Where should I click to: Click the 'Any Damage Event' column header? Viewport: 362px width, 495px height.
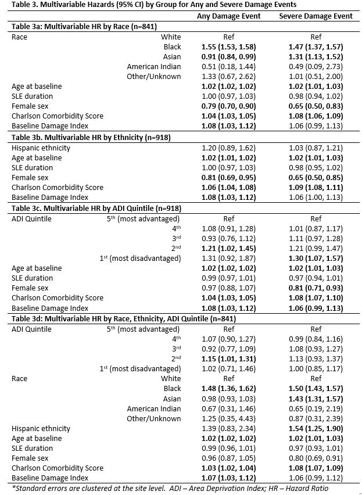(x=228, y=16)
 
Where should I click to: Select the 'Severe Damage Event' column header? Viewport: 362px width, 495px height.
(x=316, y=16)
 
